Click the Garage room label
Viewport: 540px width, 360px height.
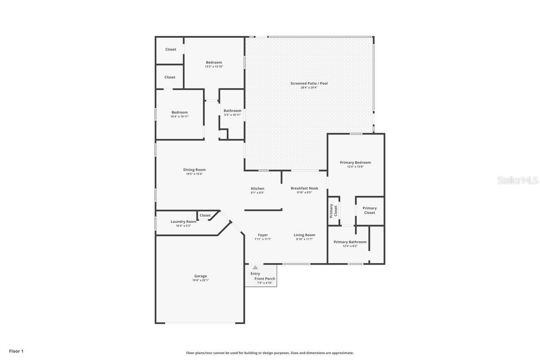pyautogui.click(x=201, y=276)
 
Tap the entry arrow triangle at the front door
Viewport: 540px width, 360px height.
pyautogui.click(x=255, y=267)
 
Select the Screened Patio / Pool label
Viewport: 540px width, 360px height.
pyautogui.click(x=309, y=83)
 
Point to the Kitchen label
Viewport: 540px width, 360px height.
pyautogui.click(x=257, y=188)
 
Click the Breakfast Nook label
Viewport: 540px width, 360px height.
pyautogui.click(x=305, y=188)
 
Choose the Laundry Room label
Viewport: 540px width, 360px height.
pyautogui.click(x=184, y=221)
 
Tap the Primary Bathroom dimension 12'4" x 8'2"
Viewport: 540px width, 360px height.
pyautogui.click(x=350, y=246)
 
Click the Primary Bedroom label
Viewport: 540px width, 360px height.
pyautogui.click(x=355, y=162)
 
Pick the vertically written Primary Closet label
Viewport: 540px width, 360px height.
pyautogui.click(x=333, y=211)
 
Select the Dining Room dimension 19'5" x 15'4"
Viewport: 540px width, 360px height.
pyautogui.click(x=194, y=174)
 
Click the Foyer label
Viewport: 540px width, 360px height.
pyautogui.click(x=263, y=235)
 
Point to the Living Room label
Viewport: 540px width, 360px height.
pyautogui.click(x=305, y=235)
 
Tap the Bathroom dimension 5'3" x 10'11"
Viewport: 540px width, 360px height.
pyautogui.click(x=232, y=115)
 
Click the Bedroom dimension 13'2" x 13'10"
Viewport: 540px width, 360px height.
pyautogui.click(x=214, y=67)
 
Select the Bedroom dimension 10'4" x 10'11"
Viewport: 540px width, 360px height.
pyautogui.click(x=180, y=117)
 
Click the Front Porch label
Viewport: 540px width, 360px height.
pyautogui.click(x=265, y=279)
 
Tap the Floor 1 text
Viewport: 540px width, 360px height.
pyautogui.click(x=16, y=351)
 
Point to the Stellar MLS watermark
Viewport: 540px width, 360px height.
pyautogui.click(x=517, y=180)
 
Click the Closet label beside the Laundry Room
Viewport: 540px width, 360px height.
pyautogui.click(x=205, y=215)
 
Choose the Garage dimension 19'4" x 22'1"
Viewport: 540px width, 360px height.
pyautogui.click(x=201, y=280)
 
